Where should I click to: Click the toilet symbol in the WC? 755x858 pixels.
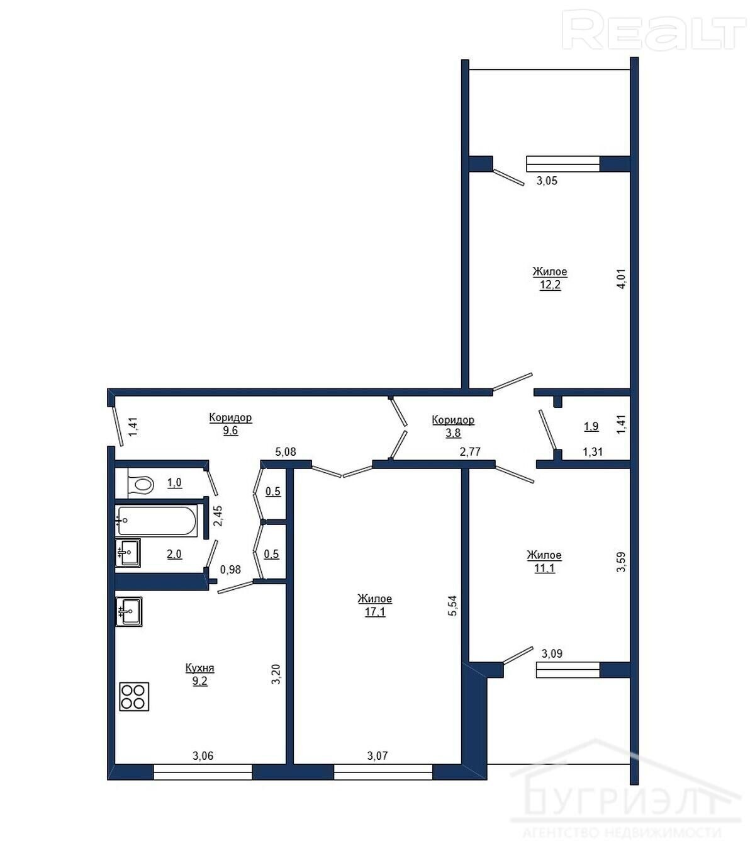[x=140, y=483]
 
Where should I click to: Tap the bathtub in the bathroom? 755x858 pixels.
[x=156, y=521]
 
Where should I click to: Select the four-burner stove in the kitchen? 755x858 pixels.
[x=134, y=696]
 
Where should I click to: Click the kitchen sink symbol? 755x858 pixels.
[x=128, y=611]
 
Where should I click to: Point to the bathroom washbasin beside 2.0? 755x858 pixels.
[x=128, y=553]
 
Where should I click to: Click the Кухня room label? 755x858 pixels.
[x=199, y=668]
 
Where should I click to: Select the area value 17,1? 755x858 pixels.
[x=375, y=611]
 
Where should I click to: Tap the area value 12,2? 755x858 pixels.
[x=550, y=285]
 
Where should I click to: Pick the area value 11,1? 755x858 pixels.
[x=544, y=568]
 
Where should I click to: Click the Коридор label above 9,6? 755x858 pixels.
[x=230, y=417]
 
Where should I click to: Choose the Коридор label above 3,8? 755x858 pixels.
[x=453, y=420]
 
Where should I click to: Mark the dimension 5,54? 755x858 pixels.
[x=452, y=606]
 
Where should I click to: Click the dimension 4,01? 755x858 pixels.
[x=621, y=279]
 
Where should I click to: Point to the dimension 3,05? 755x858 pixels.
[x=547, y=181]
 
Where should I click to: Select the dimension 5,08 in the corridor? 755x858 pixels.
[x=286, y=452]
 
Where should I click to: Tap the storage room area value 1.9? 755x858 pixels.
[x=591, y=426]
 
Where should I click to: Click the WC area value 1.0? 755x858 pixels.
[x=174, y=482]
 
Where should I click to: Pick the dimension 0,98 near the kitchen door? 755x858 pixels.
[x=231, y=570]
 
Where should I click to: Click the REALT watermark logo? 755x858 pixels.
[x=654, y=30]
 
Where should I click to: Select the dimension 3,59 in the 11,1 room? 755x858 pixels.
[x=621, y=562]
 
